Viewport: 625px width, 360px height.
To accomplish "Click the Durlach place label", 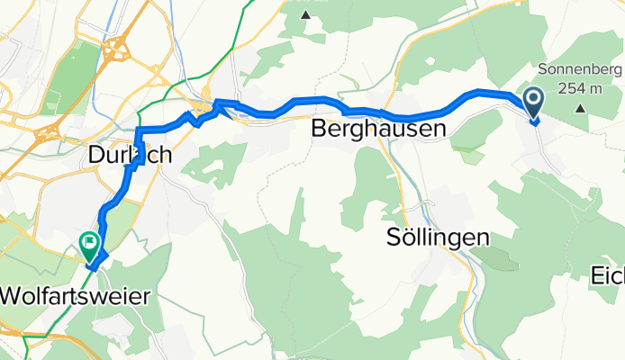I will [131, 156].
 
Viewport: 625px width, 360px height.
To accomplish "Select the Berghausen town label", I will [377, 130].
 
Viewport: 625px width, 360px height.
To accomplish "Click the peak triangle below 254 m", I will [578, 107].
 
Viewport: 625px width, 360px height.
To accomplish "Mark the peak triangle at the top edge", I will [305, 14].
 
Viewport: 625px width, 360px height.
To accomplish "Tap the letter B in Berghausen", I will [318, 130].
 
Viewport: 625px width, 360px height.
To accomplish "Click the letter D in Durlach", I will [97, 156].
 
